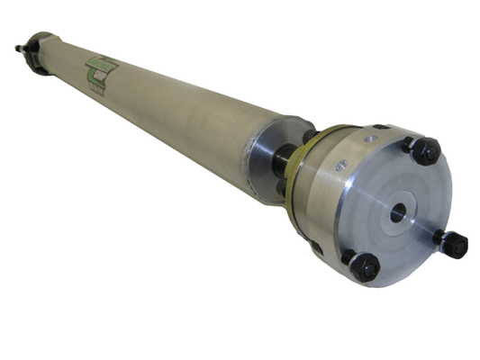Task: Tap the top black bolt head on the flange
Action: pos(427,149)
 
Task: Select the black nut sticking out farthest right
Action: pos(454,242)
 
